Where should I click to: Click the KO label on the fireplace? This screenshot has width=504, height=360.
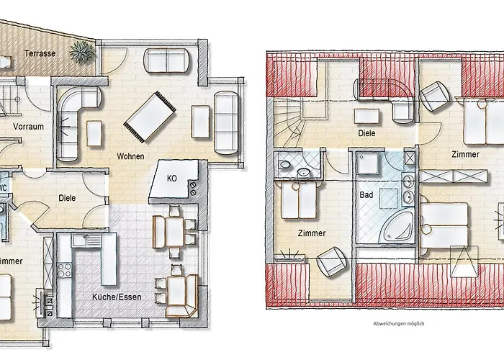point(172,178)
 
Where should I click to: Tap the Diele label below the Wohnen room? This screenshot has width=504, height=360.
point(67,199)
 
